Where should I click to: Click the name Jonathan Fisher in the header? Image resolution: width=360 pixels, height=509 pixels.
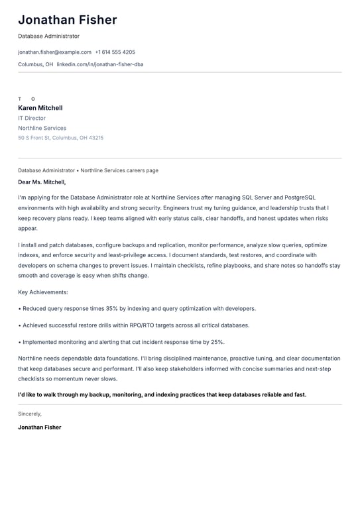[x=67, y=20]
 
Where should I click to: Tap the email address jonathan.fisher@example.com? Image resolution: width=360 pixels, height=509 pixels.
[x=54, y=52]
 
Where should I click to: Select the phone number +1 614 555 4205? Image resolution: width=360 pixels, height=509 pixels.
[x=115, y=52]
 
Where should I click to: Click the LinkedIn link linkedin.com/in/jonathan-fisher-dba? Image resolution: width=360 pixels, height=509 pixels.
[x=99, y=64]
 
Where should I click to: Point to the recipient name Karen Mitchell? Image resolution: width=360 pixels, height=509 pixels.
[x=40, y=108]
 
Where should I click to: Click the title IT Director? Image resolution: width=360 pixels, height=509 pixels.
[x=32, y=118]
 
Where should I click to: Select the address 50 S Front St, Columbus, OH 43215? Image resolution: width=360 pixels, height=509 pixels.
[x=60, y=138]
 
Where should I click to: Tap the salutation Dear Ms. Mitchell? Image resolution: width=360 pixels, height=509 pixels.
[x=42, y=182]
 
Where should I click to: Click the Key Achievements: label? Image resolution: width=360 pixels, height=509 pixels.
[x=43, y=292]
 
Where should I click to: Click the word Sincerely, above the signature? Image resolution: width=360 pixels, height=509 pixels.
[x=30, y=414]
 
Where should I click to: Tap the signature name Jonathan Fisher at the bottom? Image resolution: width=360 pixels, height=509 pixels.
[x=39, y=427]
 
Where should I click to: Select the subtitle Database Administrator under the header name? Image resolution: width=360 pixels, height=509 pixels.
[x=48, y=36]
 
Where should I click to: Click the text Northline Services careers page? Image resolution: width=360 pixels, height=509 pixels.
[x=119, y=170]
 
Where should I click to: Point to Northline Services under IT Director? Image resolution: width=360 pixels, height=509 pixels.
[x=42, y=128]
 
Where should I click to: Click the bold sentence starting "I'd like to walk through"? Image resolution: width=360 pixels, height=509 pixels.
[x=162, y=394]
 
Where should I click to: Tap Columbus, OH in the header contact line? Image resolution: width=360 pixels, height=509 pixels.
[x=35, y=64]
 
